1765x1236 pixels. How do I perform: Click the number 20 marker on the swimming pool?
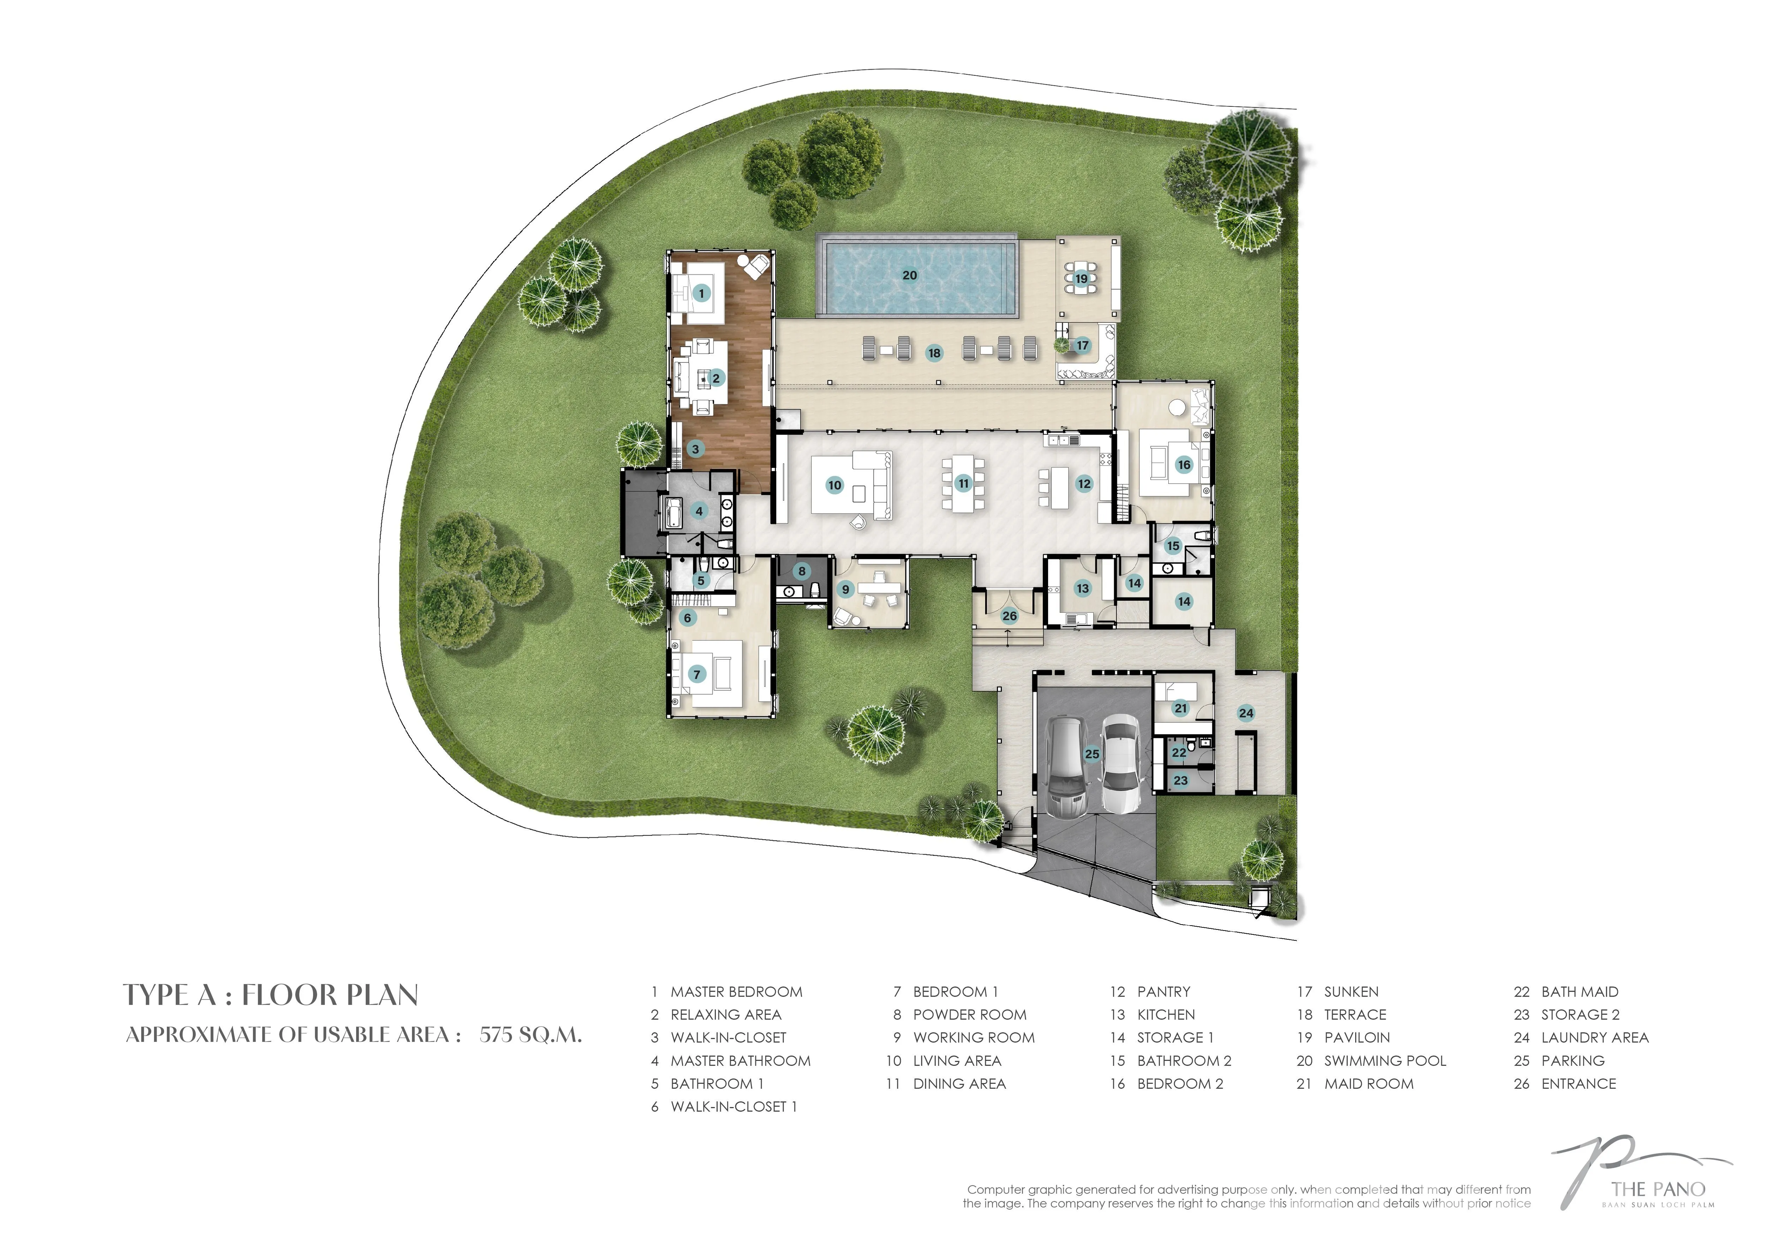[x=909, y=275]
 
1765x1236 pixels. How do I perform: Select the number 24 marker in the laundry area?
[x=1246, y=713]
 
